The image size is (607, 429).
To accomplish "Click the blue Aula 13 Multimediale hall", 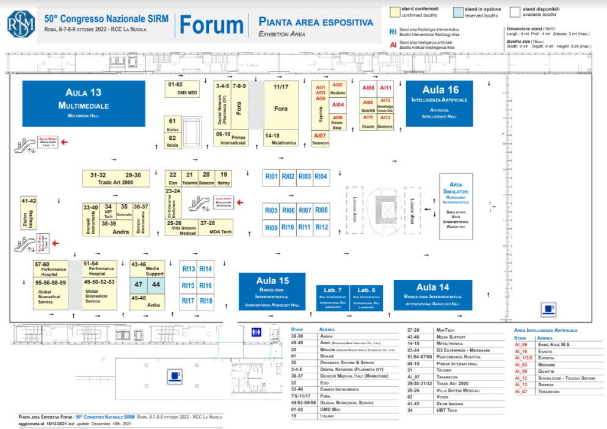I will coord(84,103).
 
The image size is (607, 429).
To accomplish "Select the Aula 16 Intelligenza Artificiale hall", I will coord(435,103).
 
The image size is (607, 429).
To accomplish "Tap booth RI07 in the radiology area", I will coord(305,210).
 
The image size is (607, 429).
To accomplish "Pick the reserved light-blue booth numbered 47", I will coord(139,284).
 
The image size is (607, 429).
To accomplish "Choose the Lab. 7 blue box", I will coord(332,297).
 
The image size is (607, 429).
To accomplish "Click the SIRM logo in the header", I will coord(21,24).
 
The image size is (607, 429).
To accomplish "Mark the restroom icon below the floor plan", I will coord(257,332).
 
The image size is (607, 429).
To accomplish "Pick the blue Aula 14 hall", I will coord(432,295).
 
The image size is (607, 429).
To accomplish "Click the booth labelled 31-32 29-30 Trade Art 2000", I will coord(116,178).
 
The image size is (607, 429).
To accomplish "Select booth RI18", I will coord(206,301).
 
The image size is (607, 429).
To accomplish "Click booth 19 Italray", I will coord(224,178).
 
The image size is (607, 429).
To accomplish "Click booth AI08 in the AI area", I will coord(368,88).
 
